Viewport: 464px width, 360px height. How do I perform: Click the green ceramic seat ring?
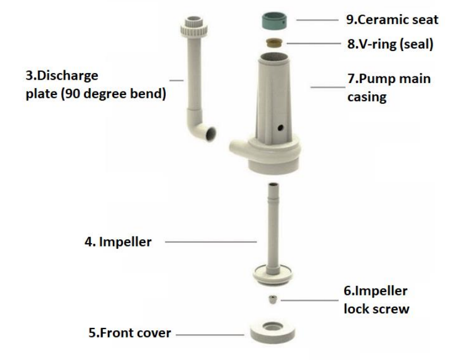(274, 21)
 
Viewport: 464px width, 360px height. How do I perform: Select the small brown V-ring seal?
(274, 43)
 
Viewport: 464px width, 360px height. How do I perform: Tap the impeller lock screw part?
(272, 299)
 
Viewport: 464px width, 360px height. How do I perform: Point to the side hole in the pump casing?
(280, 128)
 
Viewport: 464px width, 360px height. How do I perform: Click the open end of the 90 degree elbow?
(211, 134)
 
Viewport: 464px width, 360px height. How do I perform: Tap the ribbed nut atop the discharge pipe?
(194, 27)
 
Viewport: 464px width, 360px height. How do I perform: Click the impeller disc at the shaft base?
(272, 275)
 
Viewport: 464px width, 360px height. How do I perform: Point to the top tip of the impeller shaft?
(273, 185)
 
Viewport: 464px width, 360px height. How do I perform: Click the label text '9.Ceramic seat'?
(392, 20)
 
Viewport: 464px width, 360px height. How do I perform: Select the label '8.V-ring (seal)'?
(390, 44)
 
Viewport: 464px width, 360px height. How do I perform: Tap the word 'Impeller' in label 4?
(125, 242)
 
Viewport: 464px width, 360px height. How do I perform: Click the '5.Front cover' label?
(130, 333)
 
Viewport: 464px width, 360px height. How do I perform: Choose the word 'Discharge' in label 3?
(68, 76)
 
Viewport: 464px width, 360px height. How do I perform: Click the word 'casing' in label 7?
(367, 97)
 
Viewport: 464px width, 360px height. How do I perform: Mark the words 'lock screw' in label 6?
(376, 309)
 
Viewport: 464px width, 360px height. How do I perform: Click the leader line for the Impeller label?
(211, 241)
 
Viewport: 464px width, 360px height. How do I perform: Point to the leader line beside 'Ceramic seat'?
(317, 20)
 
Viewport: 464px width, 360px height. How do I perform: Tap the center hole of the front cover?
(272, 326)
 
